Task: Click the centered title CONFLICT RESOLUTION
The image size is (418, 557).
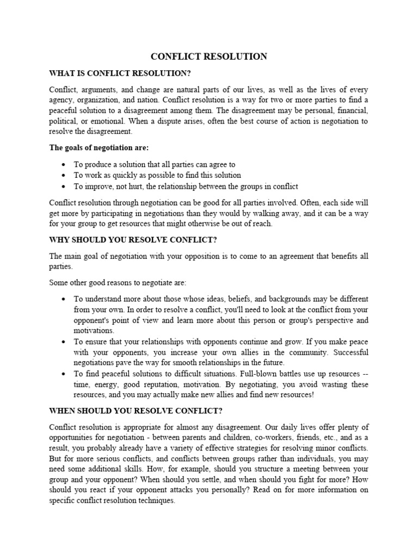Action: coord(208,57)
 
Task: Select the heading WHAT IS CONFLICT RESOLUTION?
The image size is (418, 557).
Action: coord(120,73)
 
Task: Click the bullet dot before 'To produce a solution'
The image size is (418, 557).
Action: coord(64,164)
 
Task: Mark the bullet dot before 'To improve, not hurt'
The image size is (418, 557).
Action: coord(64,186)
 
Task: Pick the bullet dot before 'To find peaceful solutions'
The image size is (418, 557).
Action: coord(64,374)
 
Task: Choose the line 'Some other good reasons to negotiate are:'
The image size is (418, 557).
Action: coord(125,282)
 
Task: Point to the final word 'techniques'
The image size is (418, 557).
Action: coord(156,501)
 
